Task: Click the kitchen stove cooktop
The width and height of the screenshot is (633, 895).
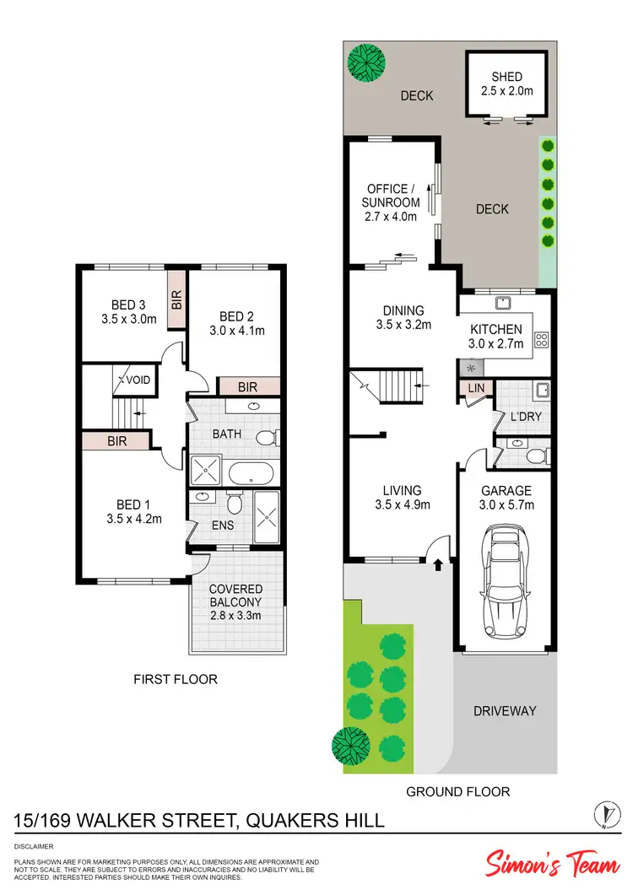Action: coord(541,341)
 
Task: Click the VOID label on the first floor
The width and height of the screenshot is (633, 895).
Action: coord(137,380)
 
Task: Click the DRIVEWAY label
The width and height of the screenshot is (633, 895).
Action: coord(506,710)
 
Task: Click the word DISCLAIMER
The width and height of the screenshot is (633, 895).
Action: coord(35,844)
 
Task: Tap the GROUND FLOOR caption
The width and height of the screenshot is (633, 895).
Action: coord(457,791)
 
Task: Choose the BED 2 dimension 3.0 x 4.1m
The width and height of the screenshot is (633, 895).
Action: coord(237,331)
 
